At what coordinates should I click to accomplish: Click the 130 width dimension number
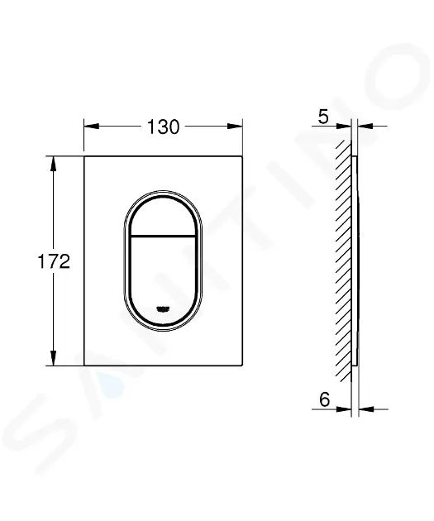click(x=163, y=127)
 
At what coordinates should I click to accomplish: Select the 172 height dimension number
click(x=54, y=263)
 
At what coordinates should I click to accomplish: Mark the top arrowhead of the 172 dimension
click(x=55, y=160)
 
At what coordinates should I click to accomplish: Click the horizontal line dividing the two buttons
click(x=162, y=235)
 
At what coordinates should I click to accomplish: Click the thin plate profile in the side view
click(x=356, y=261)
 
